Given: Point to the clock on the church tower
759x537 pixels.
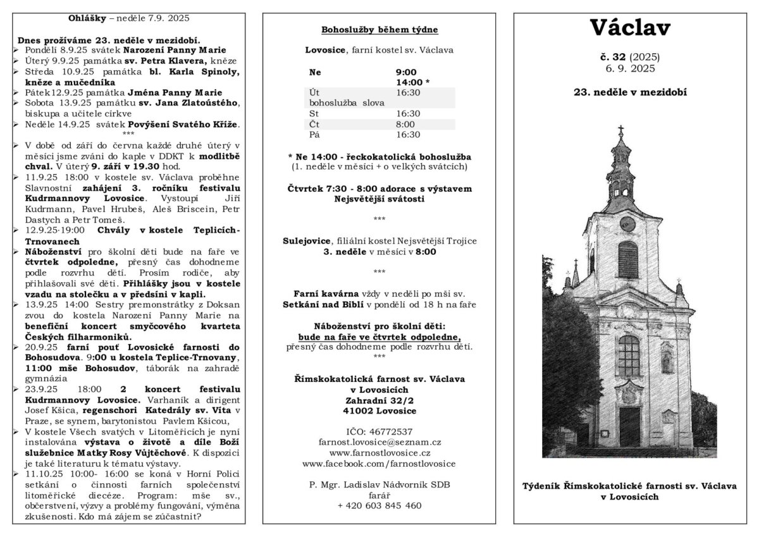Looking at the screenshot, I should click(x=627, y=224).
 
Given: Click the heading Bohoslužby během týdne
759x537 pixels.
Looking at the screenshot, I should click(x=379, y=30).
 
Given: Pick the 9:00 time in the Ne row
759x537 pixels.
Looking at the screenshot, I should click(x=406, y=72).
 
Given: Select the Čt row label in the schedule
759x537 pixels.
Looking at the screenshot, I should click(x=314, y=124).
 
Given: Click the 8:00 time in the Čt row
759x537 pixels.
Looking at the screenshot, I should click(x=405, y=124).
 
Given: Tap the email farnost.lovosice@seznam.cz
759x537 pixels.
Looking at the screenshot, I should click(x=379, y=442).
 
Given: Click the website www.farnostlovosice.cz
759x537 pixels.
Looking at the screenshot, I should click(x=379, y=453).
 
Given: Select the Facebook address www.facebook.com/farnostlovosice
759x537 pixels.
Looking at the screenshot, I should click(x=379, y=464).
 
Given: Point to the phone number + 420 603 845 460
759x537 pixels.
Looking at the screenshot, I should click(x=379, y=505).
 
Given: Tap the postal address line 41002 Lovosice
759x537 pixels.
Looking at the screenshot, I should click(x=379, y=410).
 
